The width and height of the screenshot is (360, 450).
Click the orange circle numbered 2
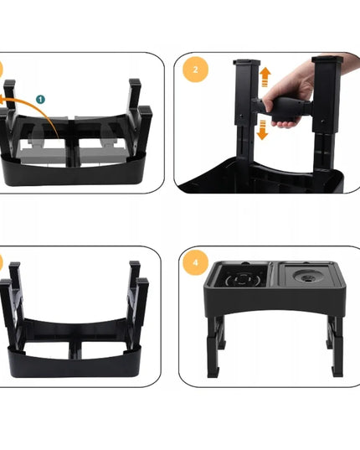(195, 70)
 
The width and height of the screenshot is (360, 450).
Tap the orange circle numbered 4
(195, 262)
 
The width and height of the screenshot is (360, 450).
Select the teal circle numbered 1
(41, 99)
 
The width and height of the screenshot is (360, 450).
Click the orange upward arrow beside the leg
(265, 77)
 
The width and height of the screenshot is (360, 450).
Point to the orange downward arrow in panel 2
(262, 130)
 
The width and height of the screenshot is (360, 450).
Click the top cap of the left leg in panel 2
(247, 62)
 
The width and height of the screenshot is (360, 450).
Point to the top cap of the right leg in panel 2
(327, 59)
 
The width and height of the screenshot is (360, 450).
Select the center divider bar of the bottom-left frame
(75, 349)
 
